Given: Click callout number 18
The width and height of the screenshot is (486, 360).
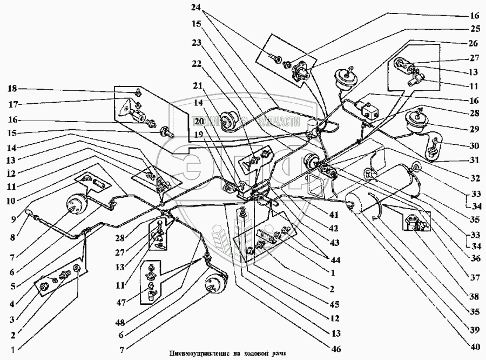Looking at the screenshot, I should coord(12,88).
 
